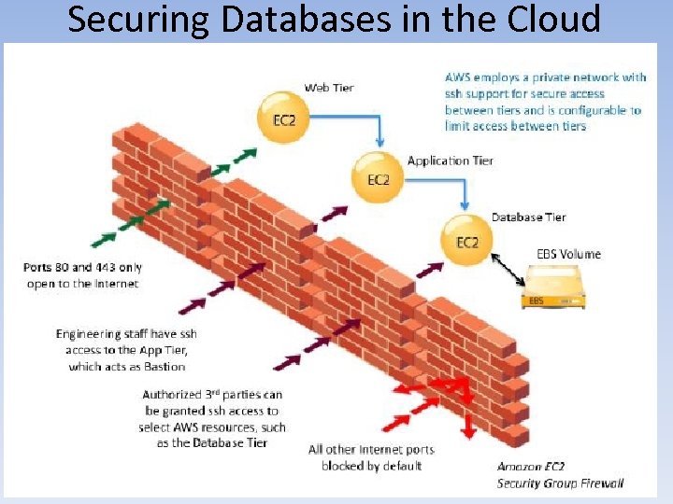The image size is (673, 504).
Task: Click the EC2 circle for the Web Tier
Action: click(283, 119)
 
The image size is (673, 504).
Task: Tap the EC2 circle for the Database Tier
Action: click(466, 240)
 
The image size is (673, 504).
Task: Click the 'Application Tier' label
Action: click(450, 161)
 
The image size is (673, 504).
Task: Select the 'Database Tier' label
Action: click(528, 217)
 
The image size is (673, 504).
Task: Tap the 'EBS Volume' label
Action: click(568, 254)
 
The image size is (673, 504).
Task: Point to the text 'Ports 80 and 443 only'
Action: click(82, 268)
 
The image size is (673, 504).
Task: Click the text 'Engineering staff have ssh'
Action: click(126, 334)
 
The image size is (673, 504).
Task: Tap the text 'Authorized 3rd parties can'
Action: click(212, 395)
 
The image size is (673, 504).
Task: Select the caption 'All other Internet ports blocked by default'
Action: click(371, 457)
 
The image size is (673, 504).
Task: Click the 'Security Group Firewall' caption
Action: click(560, 483)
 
